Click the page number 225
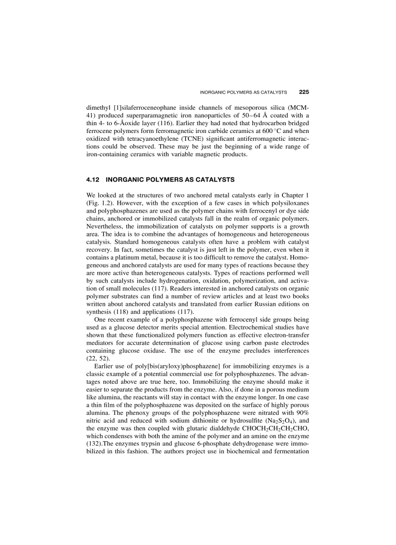(304, 92)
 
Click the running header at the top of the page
(244, 92)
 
